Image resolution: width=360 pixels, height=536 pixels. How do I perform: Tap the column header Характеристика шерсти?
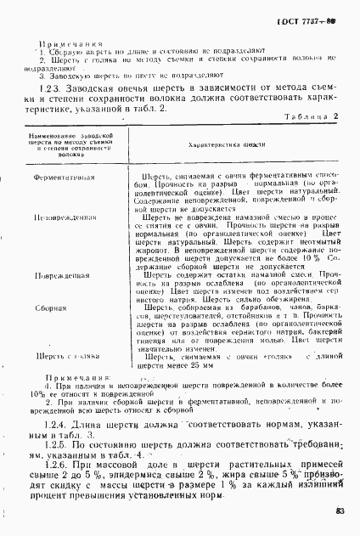point(223,145)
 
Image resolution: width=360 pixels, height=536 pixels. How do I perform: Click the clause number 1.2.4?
point(58,398)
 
